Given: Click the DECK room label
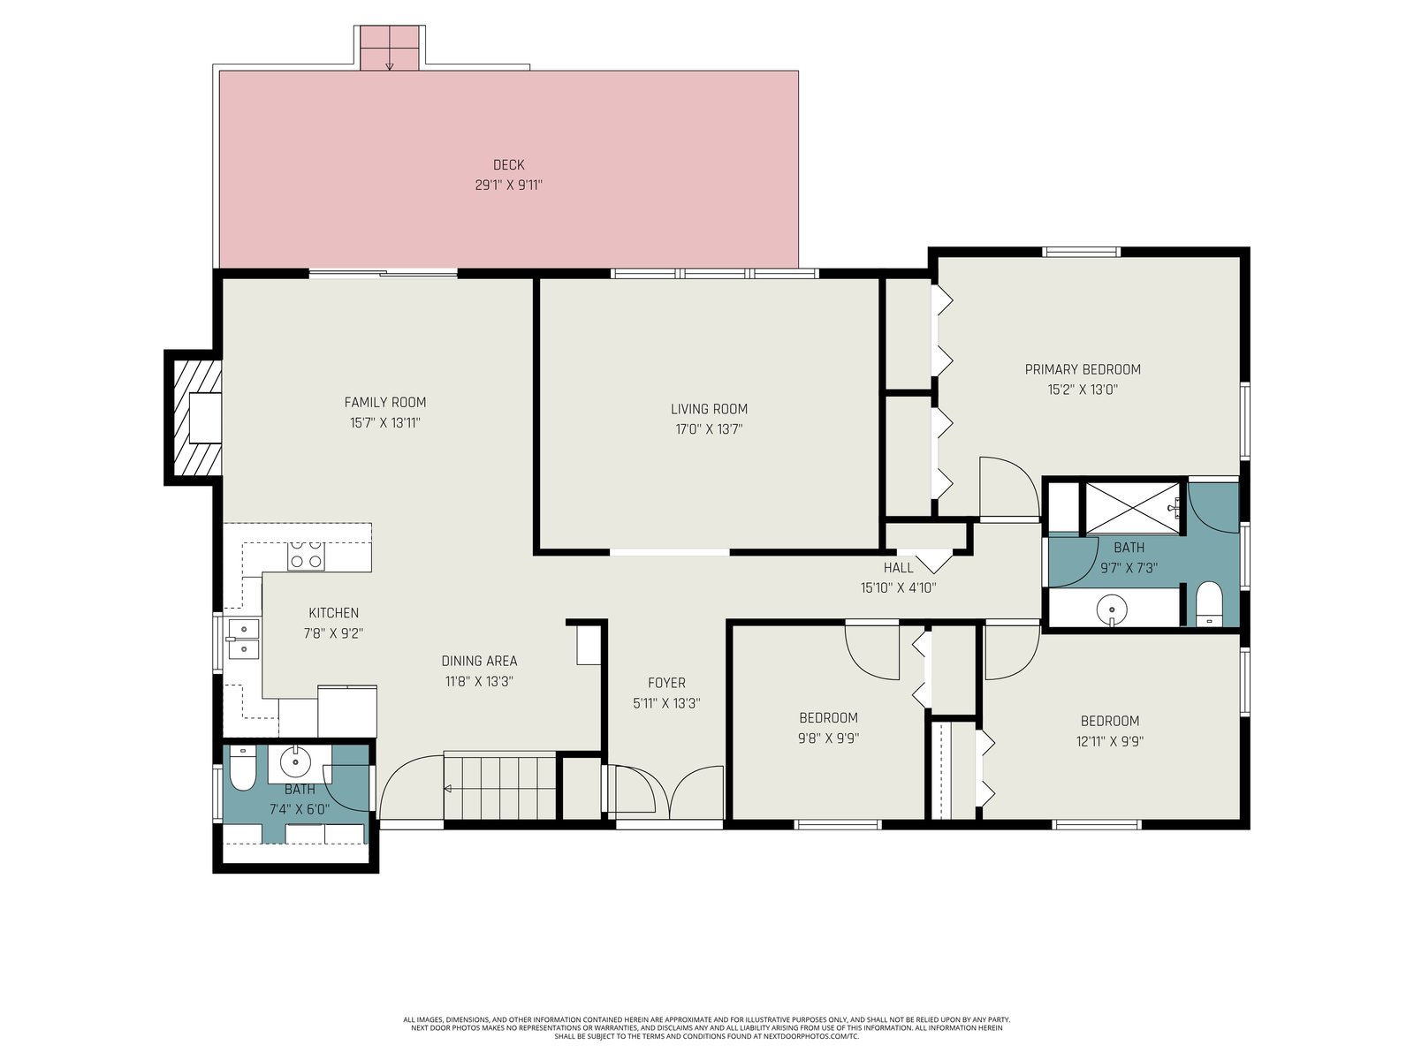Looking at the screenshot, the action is coord(508,165).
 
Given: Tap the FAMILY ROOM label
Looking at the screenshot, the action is coord(385,402).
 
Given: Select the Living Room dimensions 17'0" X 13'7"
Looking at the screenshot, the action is coord(709,428).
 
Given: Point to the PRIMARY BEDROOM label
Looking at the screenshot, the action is coord(1083,369).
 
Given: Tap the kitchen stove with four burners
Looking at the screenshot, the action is coord(306,554).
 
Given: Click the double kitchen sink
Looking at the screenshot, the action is coord(242,638).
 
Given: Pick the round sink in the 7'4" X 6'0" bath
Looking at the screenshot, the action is coord(296,762).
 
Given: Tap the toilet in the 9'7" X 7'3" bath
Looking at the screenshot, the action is coord(1208,604).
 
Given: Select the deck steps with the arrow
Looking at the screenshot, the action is coord(389,48).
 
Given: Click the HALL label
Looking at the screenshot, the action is coord(898,568).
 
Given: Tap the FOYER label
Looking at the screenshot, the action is coord(666,683).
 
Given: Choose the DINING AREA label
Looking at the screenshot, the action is coord(479,661).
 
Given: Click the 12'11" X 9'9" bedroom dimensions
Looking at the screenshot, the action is coord(1110,741).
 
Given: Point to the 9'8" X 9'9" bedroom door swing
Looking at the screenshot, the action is coord(872,651).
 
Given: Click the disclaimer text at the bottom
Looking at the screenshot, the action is coord(707,1027).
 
